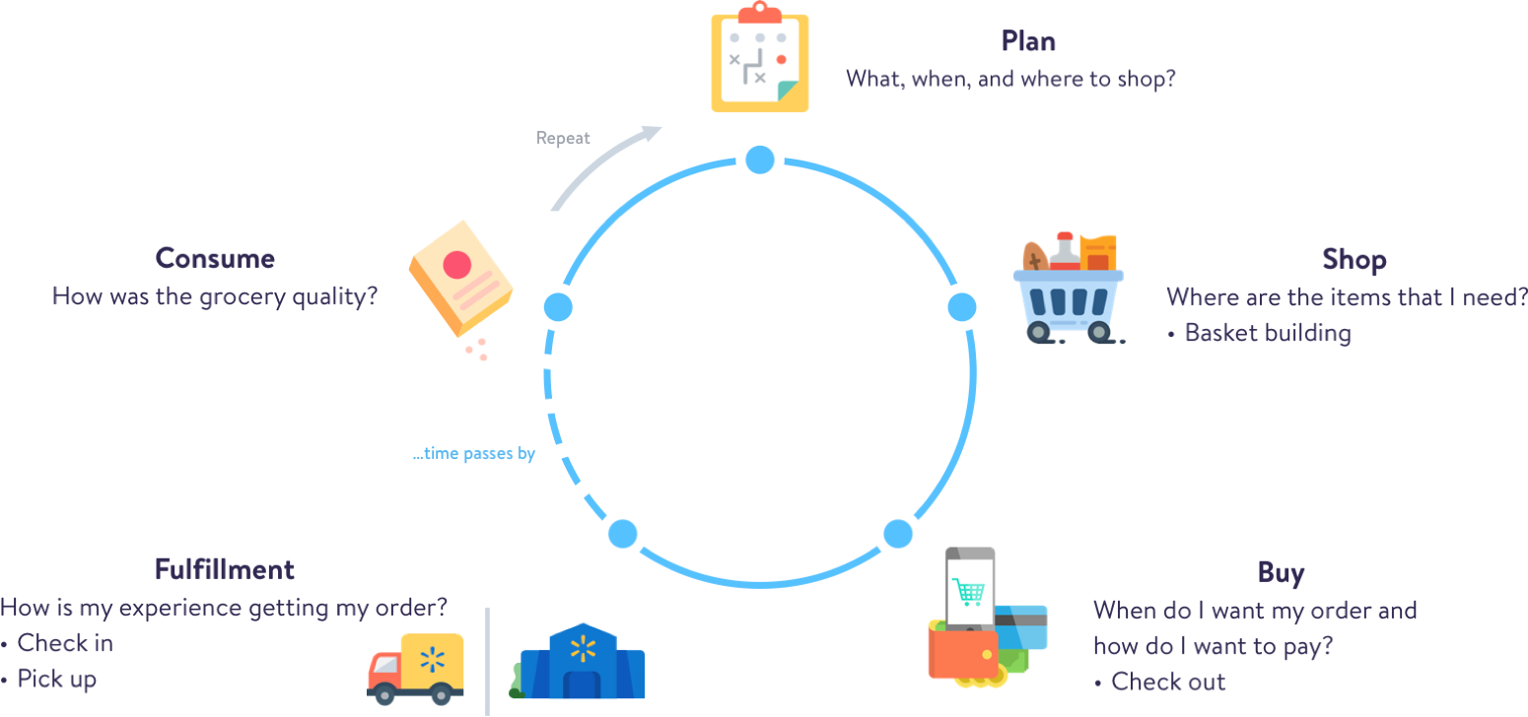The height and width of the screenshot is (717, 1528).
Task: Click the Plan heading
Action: (1028, 41)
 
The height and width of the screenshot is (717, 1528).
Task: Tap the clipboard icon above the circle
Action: (759, 59)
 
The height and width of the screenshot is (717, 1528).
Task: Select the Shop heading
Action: (1354, 260)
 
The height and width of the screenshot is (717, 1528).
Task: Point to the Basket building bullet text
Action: (1267, 333)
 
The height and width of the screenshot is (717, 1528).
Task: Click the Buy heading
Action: (1281, 573)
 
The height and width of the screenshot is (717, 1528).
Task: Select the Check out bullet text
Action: (1168, 682)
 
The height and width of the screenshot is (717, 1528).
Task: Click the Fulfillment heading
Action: (225, 569)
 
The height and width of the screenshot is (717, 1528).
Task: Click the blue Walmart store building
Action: (583, 663)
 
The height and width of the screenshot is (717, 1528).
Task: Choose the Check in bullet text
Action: (65, 643)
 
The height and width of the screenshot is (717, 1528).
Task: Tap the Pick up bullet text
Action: (57, 679)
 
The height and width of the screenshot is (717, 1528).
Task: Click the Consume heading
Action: (215, 258)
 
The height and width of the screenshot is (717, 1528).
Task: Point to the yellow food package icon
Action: (459, 277)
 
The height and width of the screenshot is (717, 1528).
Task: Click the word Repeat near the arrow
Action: (563, 138)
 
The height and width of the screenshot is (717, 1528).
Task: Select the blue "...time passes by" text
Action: (474, 454)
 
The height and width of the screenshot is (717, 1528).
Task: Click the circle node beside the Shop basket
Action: (962, 307)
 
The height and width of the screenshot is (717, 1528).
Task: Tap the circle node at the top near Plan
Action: (759, 160)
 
